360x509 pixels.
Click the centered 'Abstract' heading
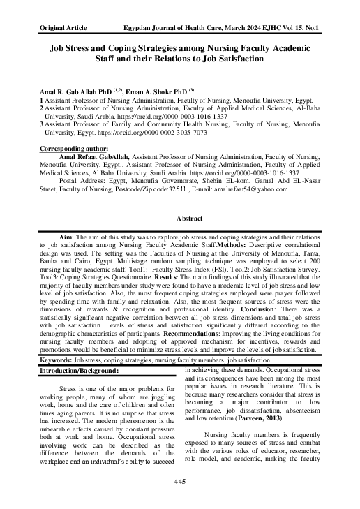coord(180,218)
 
